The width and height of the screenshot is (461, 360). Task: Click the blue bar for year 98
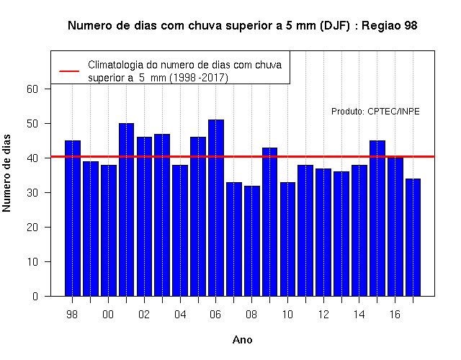[x=72, y=218]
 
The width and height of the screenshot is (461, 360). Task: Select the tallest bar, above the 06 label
[x=216, y=208]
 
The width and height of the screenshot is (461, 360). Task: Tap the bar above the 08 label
[x=251, y=241]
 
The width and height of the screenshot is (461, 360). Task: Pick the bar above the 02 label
[x=144, y=217]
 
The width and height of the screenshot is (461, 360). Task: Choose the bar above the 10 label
[x=287, y=239]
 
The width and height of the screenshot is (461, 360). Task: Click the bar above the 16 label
[x=395, y=227]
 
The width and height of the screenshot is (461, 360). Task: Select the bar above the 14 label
[x=359, y=230]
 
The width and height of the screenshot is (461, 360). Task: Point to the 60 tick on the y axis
[x=32, y=89]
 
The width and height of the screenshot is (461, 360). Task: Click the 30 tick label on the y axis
[x=32, y=193]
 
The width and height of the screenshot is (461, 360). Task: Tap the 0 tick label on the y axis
[x=35, y=296]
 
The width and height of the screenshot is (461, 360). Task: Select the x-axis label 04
[x=180, y=315]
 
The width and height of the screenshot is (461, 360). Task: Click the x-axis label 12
[x=323, y=315]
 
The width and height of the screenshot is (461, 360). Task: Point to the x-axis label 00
[x=108, y=315]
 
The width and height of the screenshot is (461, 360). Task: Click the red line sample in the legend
[x=69, y=71]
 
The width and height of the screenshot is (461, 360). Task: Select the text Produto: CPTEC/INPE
[x=375, y=112]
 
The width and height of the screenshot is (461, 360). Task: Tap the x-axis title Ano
[x=242, y=340]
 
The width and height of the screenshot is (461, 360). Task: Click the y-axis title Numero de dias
[x=6, y=173]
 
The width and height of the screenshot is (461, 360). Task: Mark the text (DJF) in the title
[x=335, y=26]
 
